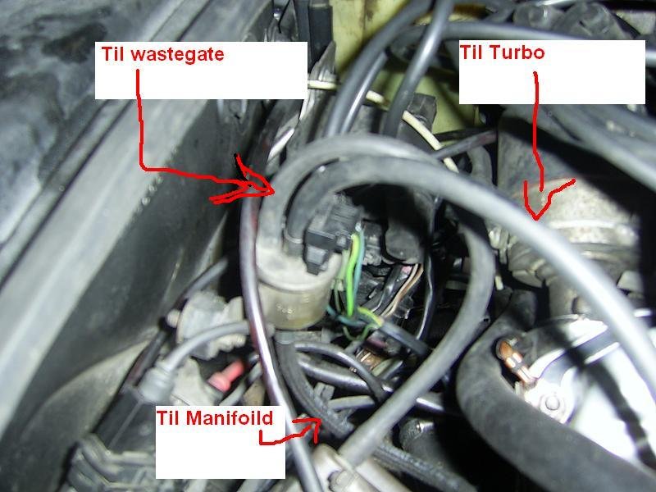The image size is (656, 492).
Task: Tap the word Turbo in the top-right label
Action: click(x=517, y=54)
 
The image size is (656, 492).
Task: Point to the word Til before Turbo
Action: click(x=475, y=54)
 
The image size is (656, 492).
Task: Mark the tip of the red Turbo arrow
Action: click(x=535, y=216)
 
